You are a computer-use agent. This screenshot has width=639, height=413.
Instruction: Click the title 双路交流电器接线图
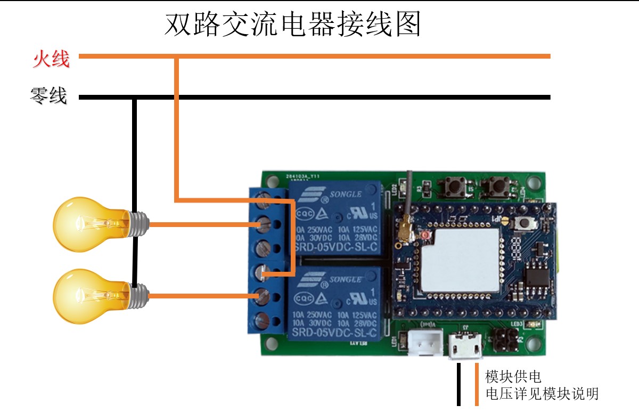pyautogui.click(x=292, y=24)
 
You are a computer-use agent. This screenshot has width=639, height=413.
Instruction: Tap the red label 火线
pyautogui.click(x=51, y=59)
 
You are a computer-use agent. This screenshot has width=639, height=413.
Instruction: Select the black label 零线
pyautogui.click(x=48, y=96)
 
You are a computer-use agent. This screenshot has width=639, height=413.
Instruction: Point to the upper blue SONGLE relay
pyautogui.click(x=334, y=218)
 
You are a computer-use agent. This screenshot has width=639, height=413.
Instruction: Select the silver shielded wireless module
pyautogui.click(x=461, y=259)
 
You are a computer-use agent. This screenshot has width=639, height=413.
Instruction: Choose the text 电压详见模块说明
pyautogui.click(x=542, y=394)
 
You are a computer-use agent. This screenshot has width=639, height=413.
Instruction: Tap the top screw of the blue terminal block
pyautogui.click(x=262, y=201)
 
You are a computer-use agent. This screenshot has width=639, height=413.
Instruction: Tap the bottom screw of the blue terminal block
pyautogui.click(x=262, y=320)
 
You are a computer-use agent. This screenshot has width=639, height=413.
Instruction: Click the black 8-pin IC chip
pyautogui.click(x=538, y=279)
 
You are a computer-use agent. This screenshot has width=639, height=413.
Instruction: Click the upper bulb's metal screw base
pyautogui.click(x=138, y=224)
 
